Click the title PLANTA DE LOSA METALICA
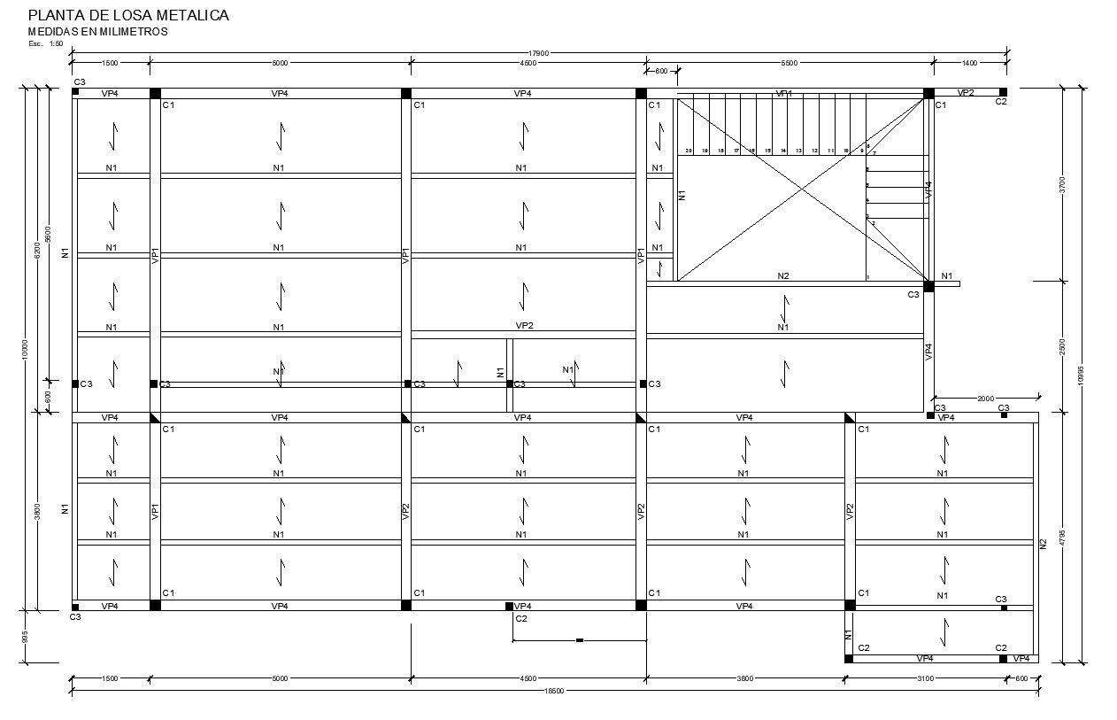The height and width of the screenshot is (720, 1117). coord(128,15)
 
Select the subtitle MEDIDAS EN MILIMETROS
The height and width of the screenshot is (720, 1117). coord(97,32)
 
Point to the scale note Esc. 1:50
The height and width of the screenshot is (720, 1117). coord(45,43)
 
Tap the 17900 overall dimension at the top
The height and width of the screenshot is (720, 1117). coord(539,53)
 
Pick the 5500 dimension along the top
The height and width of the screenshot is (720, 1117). coord(790,63)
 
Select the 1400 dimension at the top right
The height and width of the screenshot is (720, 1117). coord(969,63)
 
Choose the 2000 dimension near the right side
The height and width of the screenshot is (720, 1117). coord(986,399)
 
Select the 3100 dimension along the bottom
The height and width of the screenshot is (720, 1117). coord(925,679)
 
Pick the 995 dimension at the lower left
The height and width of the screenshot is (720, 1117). coord(26,637)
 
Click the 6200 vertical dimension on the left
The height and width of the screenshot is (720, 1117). coord(37,250)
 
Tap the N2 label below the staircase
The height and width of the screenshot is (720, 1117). coord(783,276)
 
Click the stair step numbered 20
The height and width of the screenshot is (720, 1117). coord(689,151)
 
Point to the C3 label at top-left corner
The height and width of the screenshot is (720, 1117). coord(80,81)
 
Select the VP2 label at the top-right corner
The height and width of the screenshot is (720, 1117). coord(966,93)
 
